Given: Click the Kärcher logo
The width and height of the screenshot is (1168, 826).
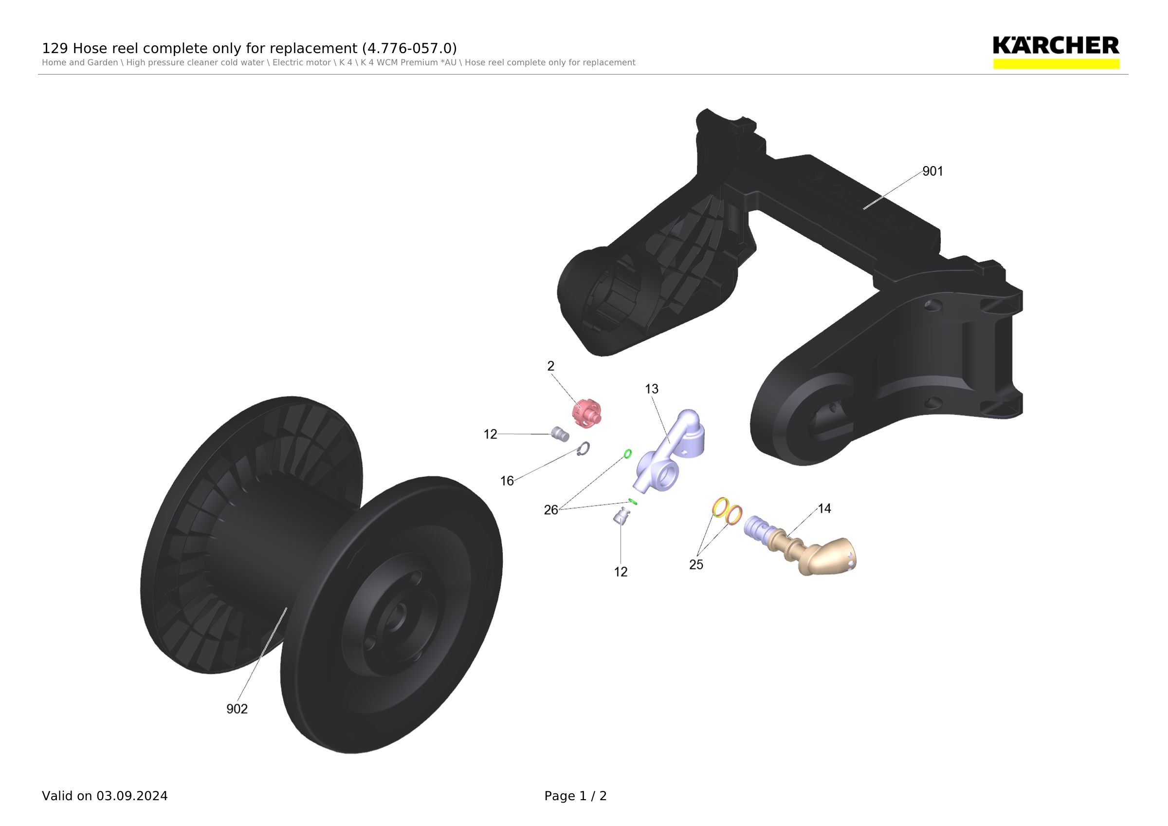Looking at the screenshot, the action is pos(1056,52).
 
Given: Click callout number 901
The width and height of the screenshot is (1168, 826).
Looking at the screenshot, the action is pos(932,171).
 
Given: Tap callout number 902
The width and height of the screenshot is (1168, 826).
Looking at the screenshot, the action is pos(237,709).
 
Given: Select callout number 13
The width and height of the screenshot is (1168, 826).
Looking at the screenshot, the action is pos(651,389).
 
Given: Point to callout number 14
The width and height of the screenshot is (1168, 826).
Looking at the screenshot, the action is pos(824,508).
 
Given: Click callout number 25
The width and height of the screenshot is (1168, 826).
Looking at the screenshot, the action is pos(696,564).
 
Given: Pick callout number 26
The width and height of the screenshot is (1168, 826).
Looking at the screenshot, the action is pos(551,510).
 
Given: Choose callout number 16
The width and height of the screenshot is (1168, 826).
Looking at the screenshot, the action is pos(507,481).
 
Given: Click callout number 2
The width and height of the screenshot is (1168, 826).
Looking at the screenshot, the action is pos(550,366).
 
